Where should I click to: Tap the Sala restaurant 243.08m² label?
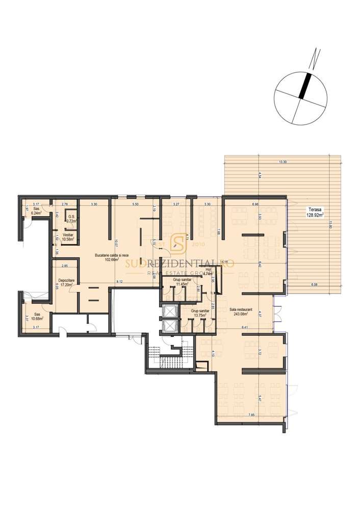241,311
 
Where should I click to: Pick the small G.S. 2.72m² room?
71,219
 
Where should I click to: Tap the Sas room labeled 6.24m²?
36,211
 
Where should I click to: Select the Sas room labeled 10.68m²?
36,316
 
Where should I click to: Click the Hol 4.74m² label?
208,271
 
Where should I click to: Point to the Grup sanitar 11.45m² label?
182,282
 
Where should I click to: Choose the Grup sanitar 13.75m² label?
199,312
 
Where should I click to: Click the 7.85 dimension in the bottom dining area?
250,415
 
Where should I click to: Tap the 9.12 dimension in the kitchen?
118,281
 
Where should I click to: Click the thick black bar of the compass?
304,85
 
